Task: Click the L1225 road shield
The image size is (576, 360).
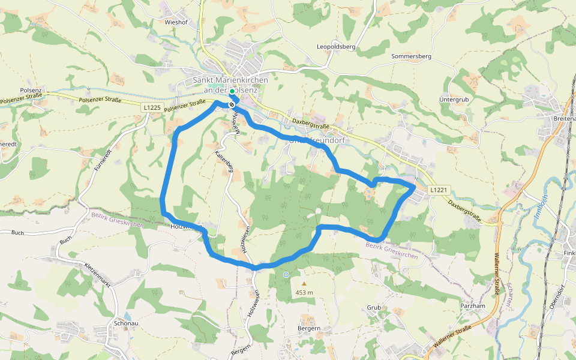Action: (152, 107)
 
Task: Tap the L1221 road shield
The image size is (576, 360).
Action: (439, 189)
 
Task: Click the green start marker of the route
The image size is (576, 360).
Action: (232, 91)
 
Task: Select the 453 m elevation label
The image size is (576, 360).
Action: (304, 293)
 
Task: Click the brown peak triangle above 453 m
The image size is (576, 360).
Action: (304, 284)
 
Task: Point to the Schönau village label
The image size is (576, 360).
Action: (126, 323)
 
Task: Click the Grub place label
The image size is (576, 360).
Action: (374, 307)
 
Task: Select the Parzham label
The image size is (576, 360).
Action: (472, 305)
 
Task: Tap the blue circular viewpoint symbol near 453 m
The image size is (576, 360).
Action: (286, 274)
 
